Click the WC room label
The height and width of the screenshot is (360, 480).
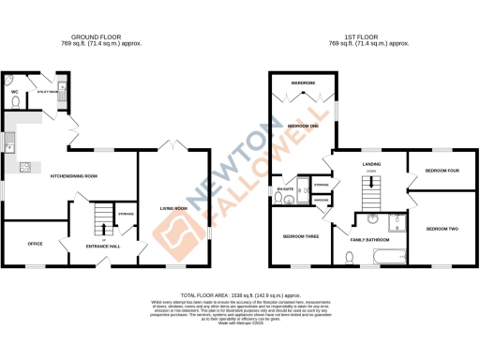coord(15,91)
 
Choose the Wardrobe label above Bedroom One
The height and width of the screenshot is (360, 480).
coord(302,83)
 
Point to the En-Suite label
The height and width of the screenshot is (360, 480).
coord(285,190)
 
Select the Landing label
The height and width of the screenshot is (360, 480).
coord(371,163)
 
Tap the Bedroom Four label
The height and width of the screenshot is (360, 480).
coord(442,171)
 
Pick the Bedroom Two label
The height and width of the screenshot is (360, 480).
coord(442,228)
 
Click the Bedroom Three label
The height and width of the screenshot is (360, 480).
coord(302,236)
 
